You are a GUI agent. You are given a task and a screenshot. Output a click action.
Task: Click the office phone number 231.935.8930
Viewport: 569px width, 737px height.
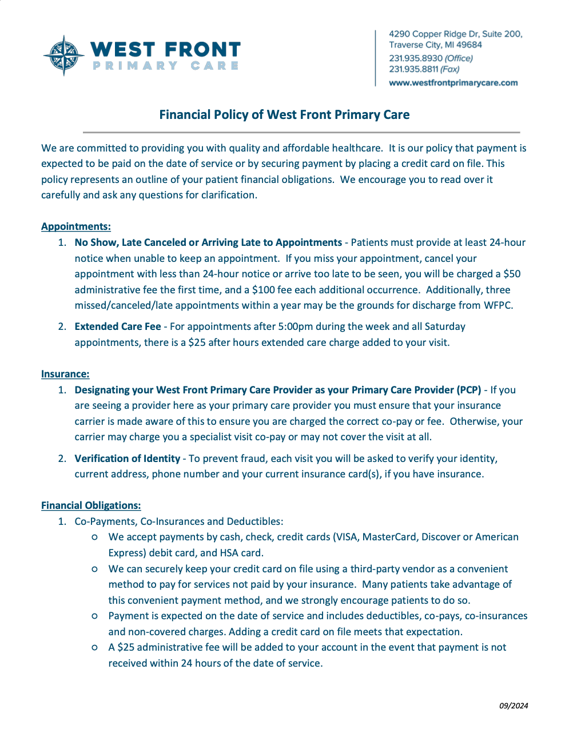pyautogui.click(x=416, y=58)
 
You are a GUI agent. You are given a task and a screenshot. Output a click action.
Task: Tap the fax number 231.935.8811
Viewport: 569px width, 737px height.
pyautogui.click(x=413, y=69)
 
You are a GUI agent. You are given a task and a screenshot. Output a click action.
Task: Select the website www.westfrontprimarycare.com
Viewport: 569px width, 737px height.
pyautogui.click(x=453, y=83)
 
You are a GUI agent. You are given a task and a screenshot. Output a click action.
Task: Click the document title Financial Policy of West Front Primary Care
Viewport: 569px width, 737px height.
pyautogui.click(x=284, y=115)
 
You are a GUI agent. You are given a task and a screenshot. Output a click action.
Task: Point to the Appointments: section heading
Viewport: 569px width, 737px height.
pyautogui.click(x=76, y=226)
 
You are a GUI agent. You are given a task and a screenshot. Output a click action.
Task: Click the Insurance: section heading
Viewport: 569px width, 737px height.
pyautogui.click(x=65, y=374)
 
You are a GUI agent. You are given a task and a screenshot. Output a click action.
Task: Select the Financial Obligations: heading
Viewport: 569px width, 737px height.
pyautogui.click(x=91, y=505)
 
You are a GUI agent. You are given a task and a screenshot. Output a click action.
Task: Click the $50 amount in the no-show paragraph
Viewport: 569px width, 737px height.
pyautogui.click(x=512, y=274)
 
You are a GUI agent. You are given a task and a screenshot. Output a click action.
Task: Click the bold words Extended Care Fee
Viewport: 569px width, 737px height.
pyautogui.click(x=118, y=326)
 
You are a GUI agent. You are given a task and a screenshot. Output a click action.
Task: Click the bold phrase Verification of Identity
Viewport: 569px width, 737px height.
pyautogui.click(x=127, y=459)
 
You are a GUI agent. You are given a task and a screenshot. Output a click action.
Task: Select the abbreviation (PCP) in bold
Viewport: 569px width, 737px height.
pyautogui.click(x=469, y=390)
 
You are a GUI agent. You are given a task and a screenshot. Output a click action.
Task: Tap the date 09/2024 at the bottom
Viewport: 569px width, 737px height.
pyautogui.click(x=514, y=706)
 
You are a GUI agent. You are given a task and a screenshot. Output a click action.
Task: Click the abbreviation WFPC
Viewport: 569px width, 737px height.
pyautogui.click(x=498, y=305)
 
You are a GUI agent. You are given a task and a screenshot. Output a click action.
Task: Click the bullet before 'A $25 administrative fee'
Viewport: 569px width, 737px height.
pyautogui.click(x=95, y=647)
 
